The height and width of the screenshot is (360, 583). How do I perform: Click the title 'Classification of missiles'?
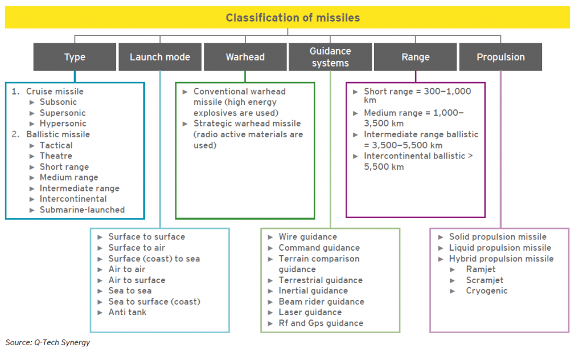click(293, 18)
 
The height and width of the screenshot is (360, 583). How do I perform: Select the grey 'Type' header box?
click(75, 57)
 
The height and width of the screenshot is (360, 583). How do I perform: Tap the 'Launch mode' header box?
click(160, 57)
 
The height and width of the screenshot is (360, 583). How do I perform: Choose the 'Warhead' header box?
click(245, 57)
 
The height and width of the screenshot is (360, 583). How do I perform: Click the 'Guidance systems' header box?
click(330, 57)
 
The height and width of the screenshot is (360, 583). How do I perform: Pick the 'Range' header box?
click(415, 57)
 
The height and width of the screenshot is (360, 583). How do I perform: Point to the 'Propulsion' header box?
click(500, 57)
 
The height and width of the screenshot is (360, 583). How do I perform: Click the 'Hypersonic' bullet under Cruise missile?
click(63, 124)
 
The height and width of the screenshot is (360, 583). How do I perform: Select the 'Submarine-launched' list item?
click(82, 210)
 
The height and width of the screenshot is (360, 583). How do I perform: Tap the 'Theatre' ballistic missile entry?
click(56, 156)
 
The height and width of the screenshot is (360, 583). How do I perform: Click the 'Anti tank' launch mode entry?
click(127, 312)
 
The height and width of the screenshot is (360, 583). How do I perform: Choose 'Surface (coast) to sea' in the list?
click(154, 259)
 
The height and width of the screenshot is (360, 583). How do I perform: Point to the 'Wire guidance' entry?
click(308, 237)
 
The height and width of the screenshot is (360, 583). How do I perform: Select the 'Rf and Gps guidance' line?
click(321, 323)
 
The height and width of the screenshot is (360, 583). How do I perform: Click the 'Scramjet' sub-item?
click(485, 280)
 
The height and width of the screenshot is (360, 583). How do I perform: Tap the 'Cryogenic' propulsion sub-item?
click(487, 291)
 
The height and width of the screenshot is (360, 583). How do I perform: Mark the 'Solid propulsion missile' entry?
click(498, 237)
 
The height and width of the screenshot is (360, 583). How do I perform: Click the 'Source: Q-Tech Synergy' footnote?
click(48, 342)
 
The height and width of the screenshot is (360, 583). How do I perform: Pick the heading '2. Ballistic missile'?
click(51, 134)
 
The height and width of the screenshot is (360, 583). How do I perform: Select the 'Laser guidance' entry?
click(310, 312)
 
